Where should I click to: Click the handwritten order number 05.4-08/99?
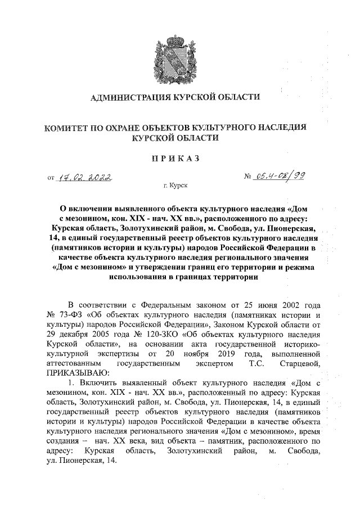279,177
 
